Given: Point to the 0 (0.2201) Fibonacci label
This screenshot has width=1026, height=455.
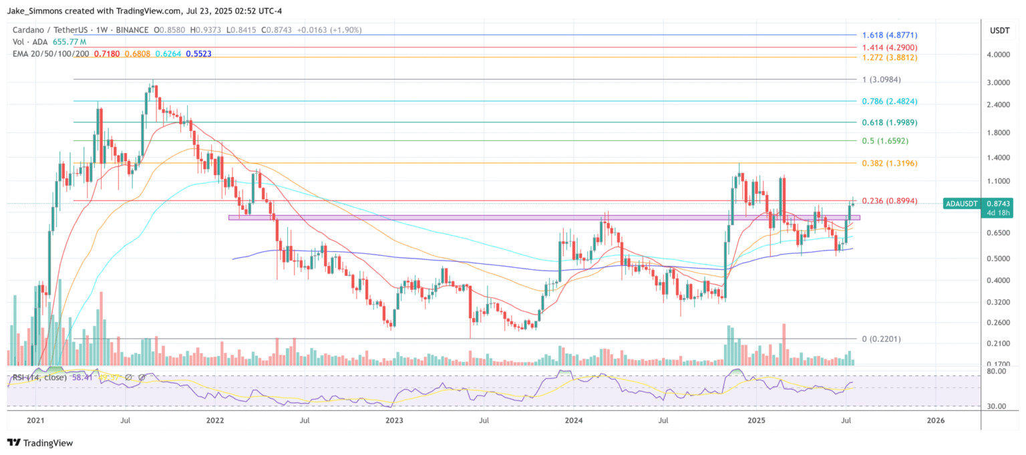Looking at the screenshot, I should pos(881,339).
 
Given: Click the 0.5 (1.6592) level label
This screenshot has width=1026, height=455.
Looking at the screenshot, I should pos(885,142).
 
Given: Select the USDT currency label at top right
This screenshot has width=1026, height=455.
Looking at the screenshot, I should pos(999,30).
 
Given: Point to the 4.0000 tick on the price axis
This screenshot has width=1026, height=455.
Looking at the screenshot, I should pos(999,55).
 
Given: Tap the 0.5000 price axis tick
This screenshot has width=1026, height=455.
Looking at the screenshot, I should pos(999,259).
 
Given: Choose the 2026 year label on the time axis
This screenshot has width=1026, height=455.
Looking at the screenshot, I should pos(936,420).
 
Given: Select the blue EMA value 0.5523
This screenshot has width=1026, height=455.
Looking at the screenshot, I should pos(198,53).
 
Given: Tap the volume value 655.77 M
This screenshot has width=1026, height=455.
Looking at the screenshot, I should pos(69,41).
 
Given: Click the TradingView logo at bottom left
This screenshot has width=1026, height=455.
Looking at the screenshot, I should pos(40,442).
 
